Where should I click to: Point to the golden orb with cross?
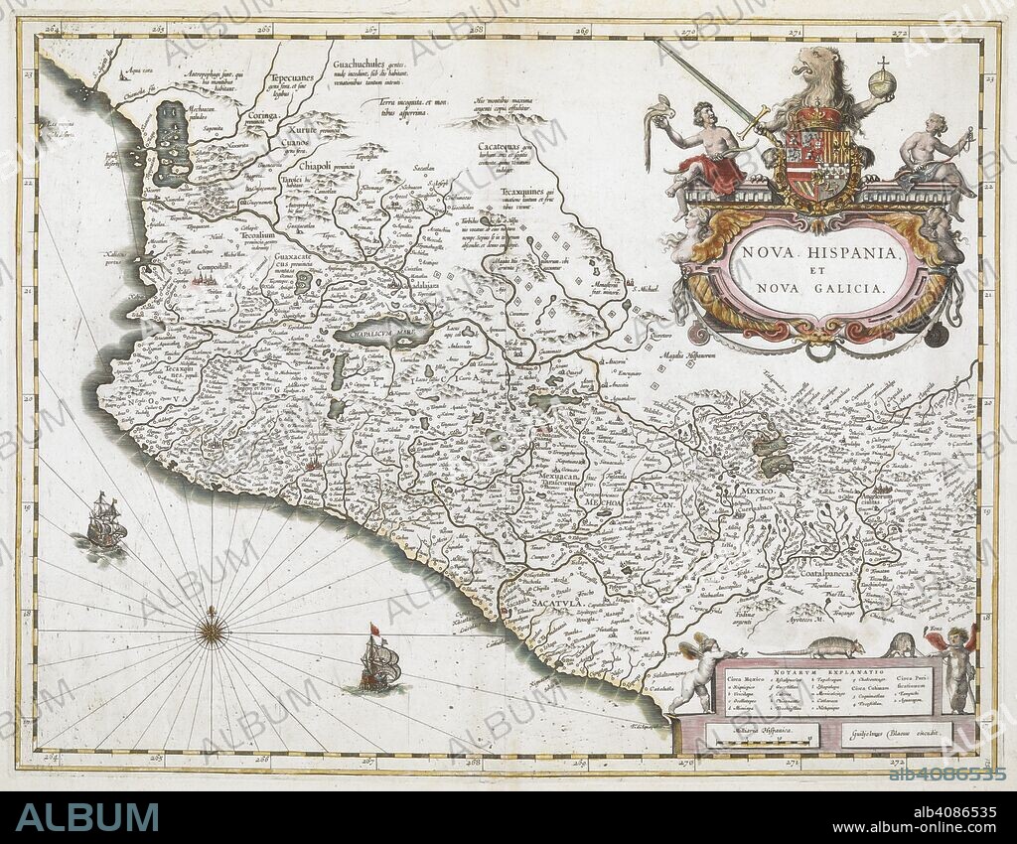882,79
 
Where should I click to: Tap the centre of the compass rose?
211,630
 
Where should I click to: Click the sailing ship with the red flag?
380,660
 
